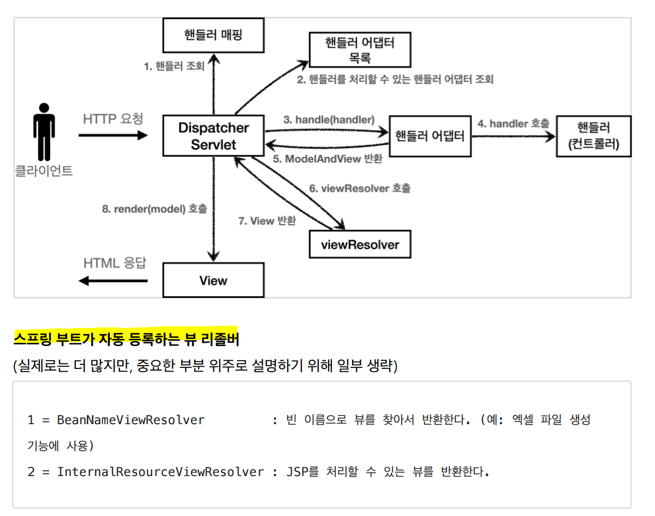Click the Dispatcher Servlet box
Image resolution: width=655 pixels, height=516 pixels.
click(213, 136)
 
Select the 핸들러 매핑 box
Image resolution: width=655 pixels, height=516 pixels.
click(213, 36)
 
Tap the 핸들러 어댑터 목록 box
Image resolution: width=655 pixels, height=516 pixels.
click(360, 49)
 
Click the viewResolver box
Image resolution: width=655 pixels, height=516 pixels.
click(360, 244)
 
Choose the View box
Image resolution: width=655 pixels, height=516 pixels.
click(213, 280)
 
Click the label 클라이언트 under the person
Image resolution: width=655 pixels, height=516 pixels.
click(43, 171)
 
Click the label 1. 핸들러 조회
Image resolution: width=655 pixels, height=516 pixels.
click(174, 66)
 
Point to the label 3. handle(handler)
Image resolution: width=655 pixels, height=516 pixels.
click(329, 119)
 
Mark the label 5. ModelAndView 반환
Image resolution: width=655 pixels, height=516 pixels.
click(327, 159)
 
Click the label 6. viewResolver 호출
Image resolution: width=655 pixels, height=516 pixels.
click(360, 188)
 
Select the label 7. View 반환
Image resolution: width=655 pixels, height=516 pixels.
click(267, 221)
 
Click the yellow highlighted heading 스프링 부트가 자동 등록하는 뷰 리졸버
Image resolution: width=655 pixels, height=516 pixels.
click(126, 339)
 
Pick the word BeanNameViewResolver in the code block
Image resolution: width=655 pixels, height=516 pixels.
click(130, 420)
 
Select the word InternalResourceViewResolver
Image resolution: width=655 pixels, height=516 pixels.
click(160, 471)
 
